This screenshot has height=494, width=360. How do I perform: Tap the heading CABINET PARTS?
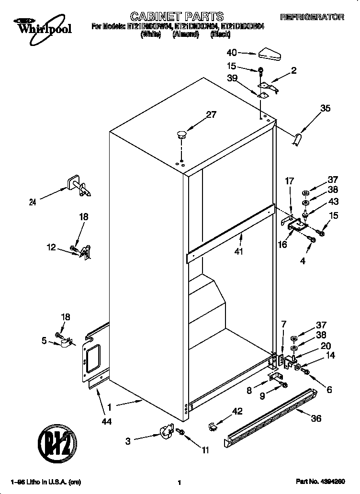[x=170, y=17]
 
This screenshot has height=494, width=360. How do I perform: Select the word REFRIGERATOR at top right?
[x=312, y=17]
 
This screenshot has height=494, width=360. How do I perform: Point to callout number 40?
[x=232, y=53]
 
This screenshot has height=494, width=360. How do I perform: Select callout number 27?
[x=211, y=114]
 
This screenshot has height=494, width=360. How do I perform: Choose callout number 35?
[x=325, y=108]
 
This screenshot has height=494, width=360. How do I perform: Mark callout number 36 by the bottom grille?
[x=316, y=418]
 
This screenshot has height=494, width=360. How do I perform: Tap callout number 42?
[x=236, y=411]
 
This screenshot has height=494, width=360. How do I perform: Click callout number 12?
[x=51, y=247]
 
